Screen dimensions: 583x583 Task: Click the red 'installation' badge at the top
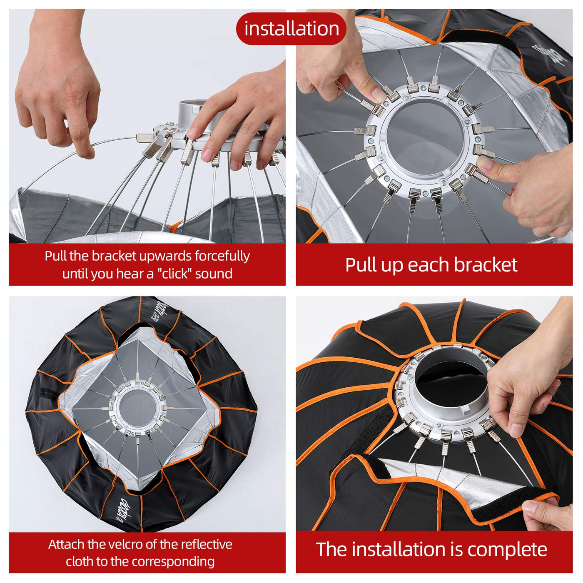[x=291, y=29]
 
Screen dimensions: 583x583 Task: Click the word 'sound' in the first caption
[x=214, y=274]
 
